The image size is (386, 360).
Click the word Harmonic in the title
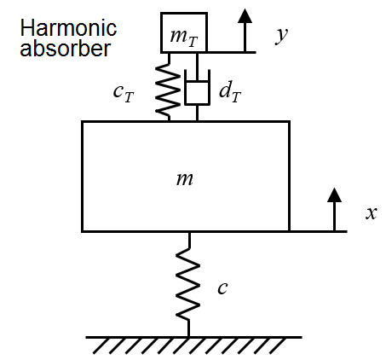tap(68, 28)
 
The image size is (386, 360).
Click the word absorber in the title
tap(65, 48)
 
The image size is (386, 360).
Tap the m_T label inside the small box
tap(183, 38)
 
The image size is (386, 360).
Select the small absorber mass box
tap(184, 32)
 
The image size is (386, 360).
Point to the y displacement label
tap(281, 35)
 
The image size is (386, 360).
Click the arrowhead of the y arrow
tap(245, 15)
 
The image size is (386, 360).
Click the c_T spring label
tap(124, 93)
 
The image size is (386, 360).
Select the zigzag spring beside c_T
tap(168, 87)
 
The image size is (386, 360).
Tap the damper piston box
tap(197, 93)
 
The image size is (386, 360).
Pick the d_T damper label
tap(230, 91)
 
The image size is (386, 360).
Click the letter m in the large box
tap(185, 179)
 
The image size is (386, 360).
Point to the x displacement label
tap(372, 213)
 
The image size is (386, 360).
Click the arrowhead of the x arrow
tap(334, 195)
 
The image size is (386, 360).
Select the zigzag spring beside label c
tap(188, 284)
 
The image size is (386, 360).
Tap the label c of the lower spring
tap(222, 287)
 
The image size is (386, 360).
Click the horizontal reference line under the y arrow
tap(232, 52)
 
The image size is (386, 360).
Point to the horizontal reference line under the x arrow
tap(319, 231)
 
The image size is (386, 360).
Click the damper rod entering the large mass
tap(197, 113)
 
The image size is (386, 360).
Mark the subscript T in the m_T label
tap(193, 42)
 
